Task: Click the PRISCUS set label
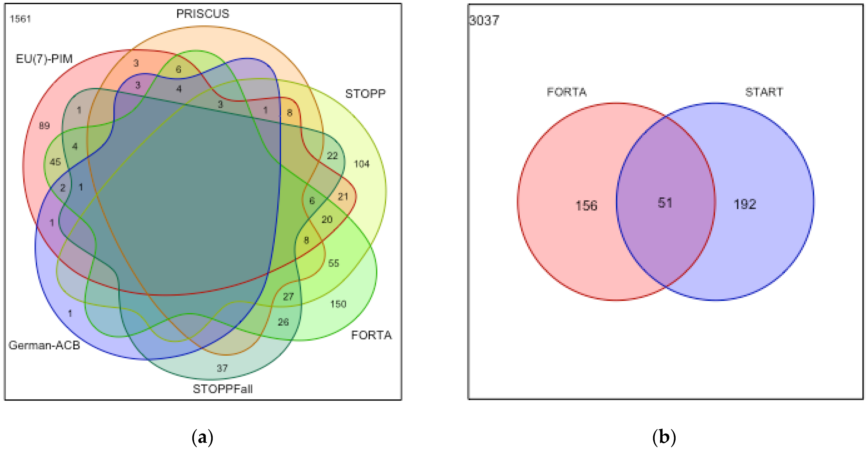[x=203, y=14]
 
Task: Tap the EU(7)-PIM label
[x=44, y=59]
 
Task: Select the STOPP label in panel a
[x=365, y=94]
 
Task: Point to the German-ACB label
[x=44, y=345]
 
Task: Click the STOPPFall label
[x=223, y=389]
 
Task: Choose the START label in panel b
[x=764, y=92]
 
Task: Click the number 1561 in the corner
[x=20, y=19]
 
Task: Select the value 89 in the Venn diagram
[x=44, y=126]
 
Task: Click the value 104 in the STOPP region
[x=361, y=164]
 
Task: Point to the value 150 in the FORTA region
[x=338, y=304]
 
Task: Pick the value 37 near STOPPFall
[x=222, y=368]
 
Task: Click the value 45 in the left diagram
[x=55, y=162]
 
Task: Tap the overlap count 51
[x=665, y=203]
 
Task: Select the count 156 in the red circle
[x=586, y=206]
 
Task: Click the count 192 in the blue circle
[x=745, y=204]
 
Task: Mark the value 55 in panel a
[x=333, y=263]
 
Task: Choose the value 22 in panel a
[x=332, y=156]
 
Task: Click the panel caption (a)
[x=202, y=437]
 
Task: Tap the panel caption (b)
[x=664, y=437]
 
